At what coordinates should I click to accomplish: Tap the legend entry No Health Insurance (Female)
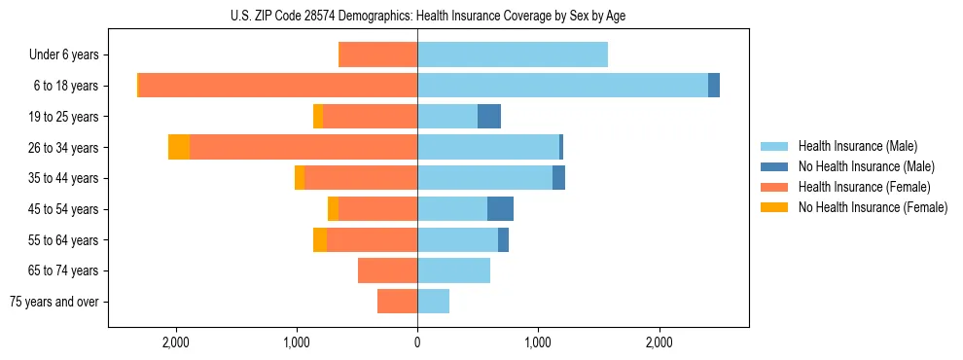point(873,207)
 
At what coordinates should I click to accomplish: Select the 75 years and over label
point(54,302)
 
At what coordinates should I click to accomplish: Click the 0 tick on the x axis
point(417,342)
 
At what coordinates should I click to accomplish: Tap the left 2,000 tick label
point(176,342)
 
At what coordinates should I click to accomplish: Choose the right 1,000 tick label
point(538,342)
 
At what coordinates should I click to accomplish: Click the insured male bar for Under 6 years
point(513,55)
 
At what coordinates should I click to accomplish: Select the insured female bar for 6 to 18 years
point(278,86)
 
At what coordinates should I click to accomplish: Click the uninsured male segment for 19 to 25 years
point(489,117)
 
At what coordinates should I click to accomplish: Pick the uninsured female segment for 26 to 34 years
point(179,147)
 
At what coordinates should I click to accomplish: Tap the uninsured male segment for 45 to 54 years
point(500,209)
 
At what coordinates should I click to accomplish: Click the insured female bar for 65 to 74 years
point(387,270)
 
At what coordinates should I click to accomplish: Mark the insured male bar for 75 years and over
point(433,302)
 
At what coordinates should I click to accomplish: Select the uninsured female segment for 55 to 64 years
point(320,240)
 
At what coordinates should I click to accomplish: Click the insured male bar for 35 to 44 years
point(484,178)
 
